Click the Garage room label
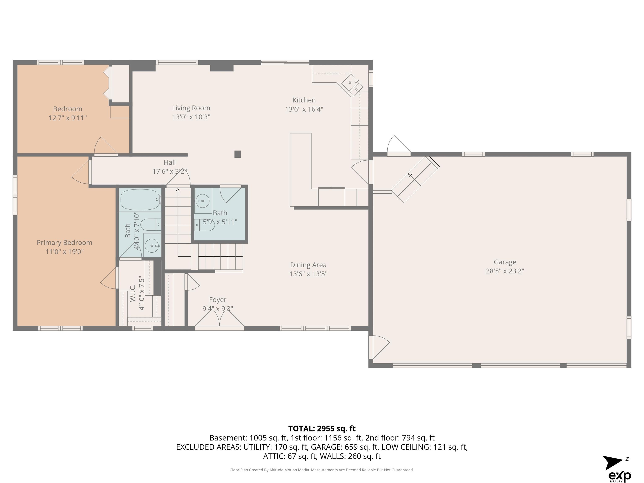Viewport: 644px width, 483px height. (x=505, y=262)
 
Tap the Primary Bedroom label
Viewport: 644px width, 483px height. (x=64, y=243)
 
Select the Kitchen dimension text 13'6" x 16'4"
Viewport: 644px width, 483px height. (x=304, y=109)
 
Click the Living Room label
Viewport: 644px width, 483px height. (x=191, y=108)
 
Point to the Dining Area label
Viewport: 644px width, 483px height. (x=308, y=265)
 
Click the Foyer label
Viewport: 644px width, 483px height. (x=218, y=300)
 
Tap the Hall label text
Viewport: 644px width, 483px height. (x=170, y=162)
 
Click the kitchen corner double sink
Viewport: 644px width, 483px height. (x=352, y=85)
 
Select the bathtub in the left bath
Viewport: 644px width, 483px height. (x=140, y=199)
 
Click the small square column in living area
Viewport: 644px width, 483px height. (x=238, y=154)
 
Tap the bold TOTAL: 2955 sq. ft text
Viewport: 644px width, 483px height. (x=322, y=428)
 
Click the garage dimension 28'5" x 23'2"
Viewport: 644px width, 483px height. (x=505, y=271)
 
